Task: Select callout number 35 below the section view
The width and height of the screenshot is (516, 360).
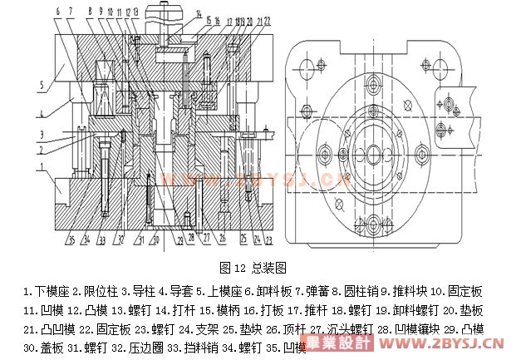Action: (x=71, y=241)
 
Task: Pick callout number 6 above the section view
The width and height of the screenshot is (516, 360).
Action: (x=58, y=12)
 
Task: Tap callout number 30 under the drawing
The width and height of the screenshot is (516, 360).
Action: (x=155, y=241)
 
